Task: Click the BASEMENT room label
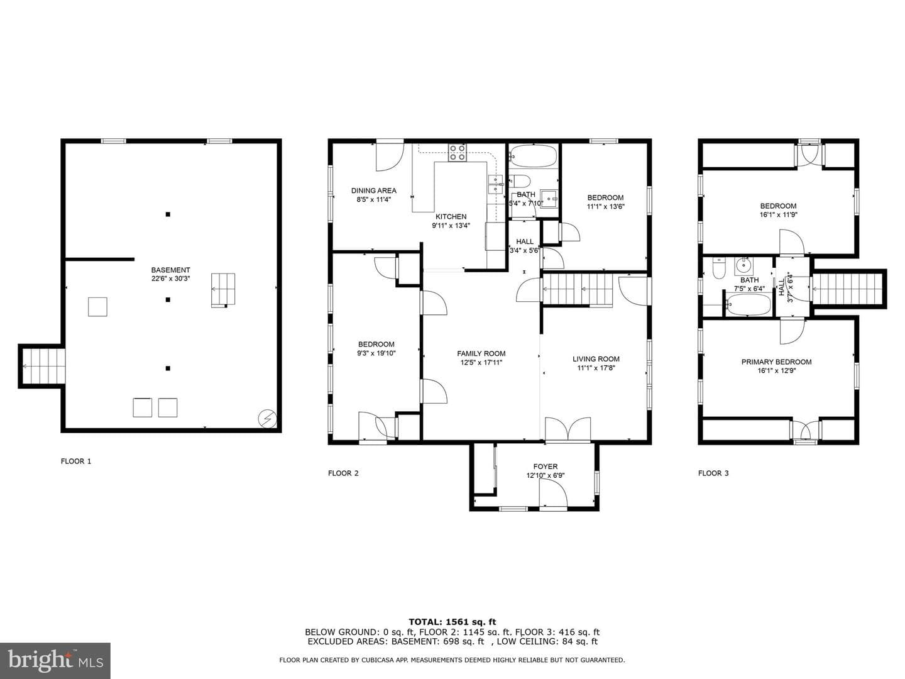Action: click(171, 270)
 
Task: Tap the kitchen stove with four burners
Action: click(458, 153)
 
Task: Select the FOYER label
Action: click(545, 466)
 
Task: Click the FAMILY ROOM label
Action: click(481, 353)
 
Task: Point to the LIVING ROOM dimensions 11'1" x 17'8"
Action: click(596, 368)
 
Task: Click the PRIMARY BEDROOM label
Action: click(776, 362)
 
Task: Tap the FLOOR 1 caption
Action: click(76, 461)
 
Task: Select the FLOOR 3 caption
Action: click(713, 473)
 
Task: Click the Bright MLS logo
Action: click(55, 660)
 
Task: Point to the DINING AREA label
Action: click(373, 190)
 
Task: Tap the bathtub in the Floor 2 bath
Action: click(533, 156)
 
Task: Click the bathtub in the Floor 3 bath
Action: click(748, 304)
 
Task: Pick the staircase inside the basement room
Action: click(223, 290)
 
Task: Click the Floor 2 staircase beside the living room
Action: click(577, 289)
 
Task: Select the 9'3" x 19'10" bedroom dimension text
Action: click(376, 353)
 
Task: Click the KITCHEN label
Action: click(451, 216)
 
